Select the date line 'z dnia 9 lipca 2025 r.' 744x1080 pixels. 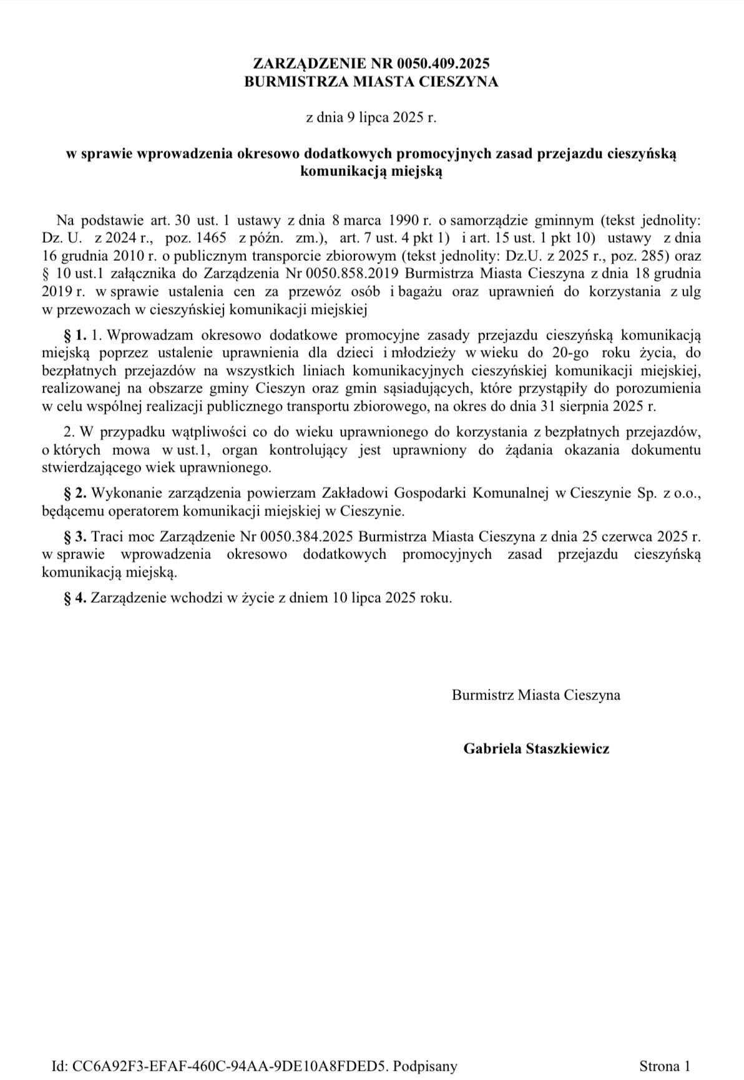[x=371, y=117]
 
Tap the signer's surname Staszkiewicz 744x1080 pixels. [x=567, y=749]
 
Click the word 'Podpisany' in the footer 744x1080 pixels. [x=425, y=1066]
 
